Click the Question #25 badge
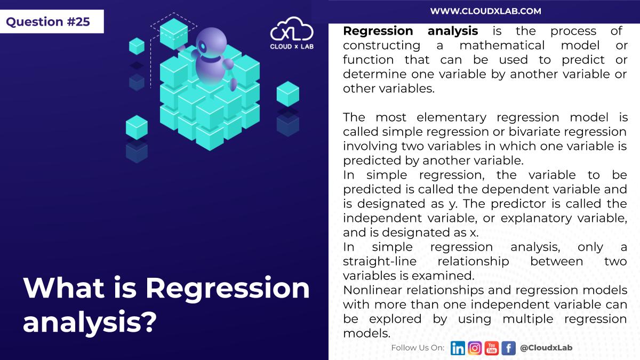49,22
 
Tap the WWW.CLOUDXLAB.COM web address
485,11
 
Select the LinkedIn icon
458,348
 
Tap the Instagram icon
475,348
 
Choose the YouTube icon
492,348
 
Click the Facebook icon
508,348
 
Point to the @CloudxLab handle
546,348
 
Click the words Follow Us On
418,348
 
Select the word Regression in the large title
228,289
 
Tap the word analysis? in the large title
90,322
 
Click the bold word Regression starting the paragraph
378,31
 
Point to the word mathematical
502,45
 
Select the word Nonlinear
372,291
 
